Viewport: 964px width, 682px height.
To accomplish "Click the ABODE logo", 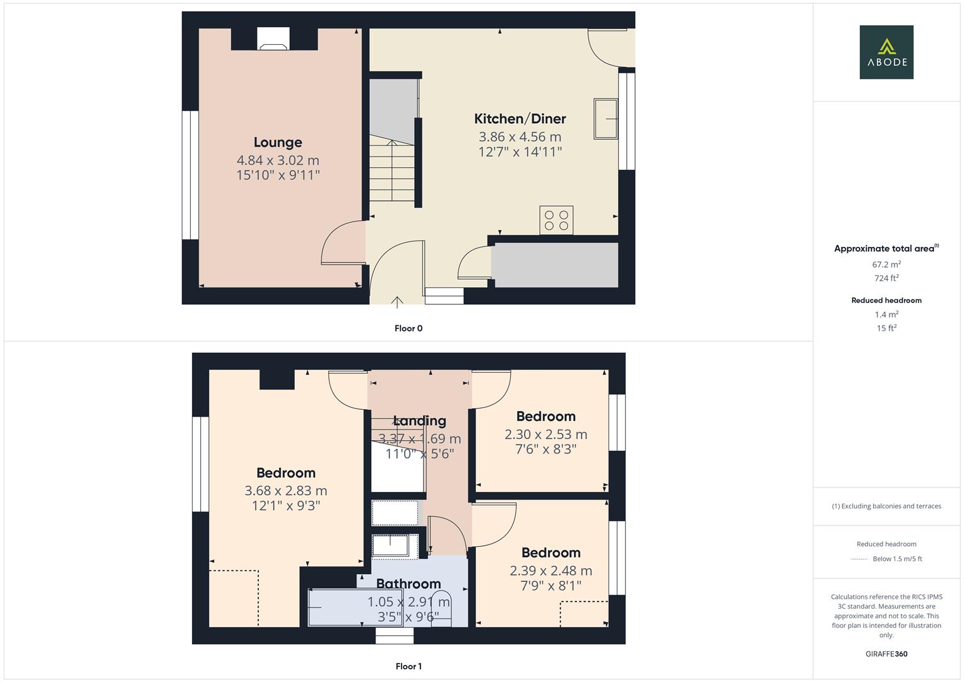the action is [x=886, y=52].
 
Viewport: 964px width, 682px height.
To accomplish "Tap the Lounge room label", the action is [x=278, y=142].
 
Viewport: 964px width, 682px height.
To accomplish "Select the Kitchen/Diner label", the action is [x=520, y=119].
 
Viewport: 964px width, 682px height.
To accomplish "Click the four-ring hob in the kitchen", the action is [x=556, y=220].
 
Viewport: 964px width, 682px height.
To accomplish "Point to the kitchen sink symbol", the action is [x=605, y=119].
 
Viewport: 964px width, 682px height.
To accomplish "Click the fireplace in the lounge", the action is [x=273, y=39].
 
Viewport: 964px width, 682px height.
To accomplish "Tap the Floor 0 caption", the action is [x=408, y=328].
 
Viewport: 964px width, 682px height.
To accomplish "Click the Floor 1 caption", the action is [x=408, y=666].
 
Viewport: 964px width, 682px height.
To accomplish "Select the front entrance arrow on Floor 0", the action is [x=397, y=302].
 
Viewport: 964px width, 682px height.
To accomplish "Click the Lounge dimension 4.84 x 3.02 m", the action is [x=278, y=160].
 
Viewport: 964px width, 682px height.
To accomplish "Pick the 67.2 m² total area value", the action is [x=886, y=265].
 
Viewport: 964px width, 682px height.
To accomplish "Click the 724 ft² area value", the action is [x=886, y=278].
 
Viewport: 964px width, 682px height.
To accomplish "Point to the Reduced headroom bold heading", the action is [x=886, y=301].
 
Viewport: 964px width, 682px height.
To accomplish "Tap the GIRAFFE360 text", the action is [x=886, y=654].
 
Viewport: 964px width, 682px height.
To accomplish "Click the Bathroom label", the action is [x=408, y=583].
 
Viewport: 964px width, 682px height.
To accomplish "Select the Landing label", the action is [x=420, y=421].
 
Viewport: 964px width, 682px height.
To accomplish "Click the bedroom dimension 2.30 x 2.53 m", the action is [x=545, y=434].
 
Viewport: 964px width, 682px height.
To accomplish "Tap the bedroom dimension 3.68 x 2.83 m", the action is [x=286, y=491].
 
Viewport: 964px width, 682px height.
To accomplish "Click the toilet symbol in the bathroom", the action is [x=441, y=609].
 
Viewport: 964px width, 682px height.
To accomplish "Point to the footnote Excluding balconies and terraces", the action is [x=886, y=506].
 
